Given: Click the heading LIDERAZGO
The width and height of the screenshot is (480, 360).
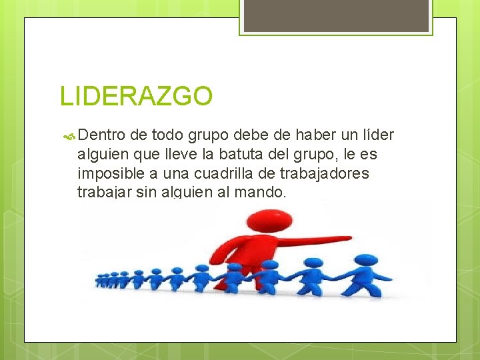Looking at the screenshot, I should coord(136,96).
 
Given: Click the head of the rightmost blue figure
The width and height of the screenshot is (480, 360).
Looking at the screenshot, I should coord(363,261).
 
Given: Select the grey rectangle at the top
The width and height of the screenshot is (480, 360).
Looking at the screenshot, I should coord(336,15).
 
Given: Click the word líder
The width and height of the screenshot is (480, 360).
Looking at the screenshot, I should coord(378,136).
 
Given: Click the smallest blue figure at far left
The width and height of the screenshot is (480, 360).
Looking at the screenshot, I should coord(99,279).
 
